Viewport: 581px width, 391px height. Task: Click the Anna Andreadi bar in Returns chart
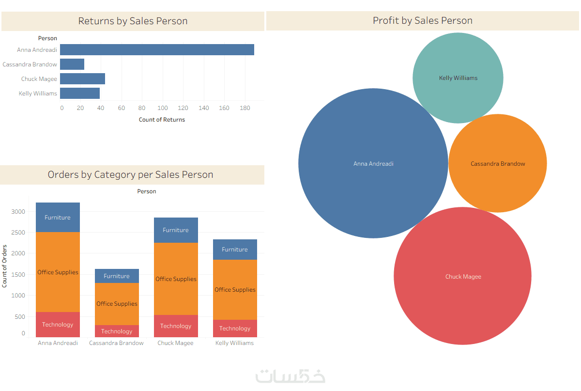[x=157, y=49]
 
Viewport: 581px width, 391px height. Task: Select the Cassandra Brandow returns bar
[x=72, y=64]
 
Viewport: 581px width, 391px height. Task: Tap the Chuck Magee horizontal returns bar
[x=82, y=79]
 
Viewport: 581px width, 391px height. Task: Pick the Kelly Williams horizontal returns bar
[x=80, y=94]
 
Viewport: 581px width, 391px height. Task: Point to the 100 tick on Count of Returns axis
[x=163, y=108]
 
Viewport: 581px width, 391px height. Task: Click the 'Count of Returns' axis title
[x=162, y=120]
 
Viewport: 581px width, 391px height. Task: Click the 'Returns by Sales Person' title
[x=133, y=21]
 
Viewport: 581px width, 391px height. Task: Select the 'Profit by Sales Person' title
[x=422, y=21]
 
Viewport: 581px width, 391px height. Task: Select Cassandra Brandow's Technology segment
[x=117, y=331]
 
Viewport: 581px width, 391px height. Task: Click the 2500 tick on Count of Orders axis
[x=19, y=233]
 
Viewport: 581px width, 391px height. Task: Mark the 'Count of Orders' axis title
[x=5, y=266]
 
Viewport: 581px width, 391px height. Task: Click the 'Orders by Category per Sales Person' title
[x=131, y=175]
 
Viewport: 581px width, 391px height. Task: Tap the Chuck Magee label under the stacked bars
[x=175, y=343]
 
